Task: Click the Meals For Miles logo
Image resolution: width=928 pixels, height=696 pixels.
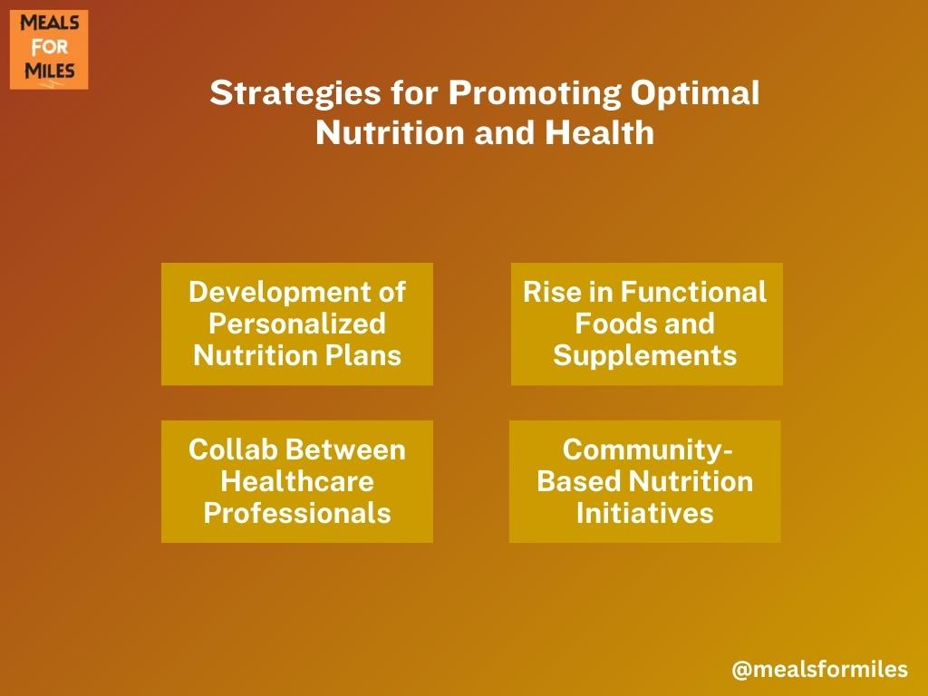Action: (49, 50)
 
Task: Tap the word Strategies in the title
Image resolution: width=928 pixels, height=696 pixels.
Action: (295, 94)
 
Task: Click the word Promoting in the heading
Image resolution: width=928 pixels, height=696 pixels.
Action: (535, 94)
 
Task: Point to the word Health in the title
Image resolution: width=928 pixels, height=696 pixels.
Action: (600, 132)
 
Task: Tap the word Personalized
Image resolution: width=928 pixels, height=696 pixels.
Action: (297, 324)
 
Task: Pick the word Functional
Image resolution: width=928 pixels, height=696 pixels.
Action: (693, 292)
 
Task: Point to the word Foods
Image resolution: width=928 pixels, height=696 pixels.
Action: (615, 324)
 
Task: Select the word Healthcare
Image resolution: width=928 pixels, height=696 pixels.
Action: (297, 482)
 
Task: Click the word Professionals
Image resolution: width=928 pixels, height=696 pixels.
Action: (297, 513)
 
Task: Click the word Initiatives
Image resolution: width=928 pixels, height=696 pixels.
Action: (645, 513)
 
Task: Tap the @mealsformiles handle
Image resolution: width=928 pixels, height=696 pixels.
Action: (819, 670)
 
